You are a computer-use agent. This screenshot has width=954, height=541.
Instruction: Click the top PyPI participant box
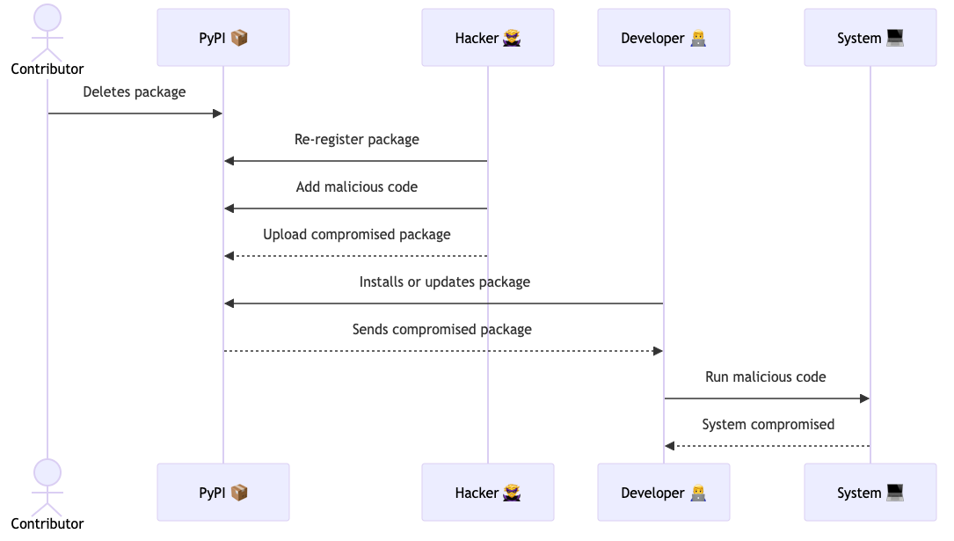coord(223,38)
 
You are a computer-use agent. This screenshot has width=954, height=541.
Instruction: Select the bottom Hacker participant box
coord(488,493)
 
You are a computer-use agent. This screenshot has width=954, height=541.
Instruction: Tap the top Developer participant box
coord(664,38)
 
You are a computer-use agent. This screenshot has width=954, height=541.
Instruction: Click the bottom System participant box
coord(870,493)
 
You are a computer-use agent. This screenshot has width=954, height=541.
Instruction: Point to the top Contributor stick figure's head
coord(47,18)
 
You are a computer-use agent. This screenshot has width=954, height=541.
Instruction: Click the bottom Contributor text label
coord(47,524)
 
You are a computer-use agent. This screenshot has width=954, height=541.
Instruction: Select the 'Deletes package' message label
coord(135,91)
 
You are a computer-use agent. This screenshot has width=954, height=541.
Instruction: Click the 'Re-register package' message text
coord(356,139)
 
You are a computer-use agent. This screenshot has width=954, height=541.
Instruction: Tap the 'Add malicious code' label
coord(356,186)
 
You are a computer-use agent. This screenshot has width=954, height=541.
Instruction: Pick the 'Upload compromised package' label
coord(356,234)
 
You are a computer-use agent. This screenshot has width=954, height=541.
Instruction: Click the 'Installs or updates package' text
coord(444,281)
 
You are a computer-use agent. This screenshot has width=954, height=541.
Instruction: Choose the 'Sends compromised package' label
coord(441,329)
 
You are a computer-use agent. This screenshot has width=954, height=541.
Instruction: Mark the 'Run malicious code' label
coord(766,377)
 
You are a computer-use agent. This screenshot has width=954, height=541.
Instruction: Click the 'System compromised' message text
coord(768,424)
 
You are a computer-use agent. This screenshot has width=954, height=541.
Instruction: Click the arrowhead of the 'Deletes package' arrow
coord(218,113)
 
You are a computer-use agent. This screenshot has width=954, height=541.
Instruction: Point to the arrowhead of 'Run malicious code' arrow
coord(864,398)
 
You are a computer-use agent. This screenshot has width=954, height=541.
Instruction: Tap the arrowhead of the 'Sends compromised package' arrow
coord(658,351)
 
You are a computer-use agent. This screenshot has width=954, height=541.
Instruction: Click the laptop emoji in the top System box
coord(895,38)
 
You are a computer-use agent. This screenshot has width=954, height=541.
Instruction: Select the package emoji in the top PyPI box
coord(239,38)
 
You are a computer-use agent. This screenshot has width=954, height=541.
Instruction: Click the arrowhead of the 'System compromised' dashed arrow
coord(670,446)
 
